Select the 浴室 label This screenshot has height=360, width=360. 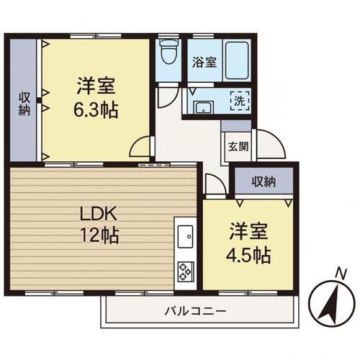coord(204,63)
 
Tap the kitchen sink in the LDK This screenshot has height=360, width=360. coord(185,235)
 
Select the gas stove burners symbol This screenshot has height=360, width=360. coord(184,271)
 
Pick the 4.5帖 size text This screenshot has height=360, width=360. coord(249,255)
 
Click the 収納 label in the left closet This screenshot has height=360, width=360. coord(24,103)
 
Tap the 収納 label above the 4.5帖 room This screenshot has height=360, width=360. coord(264,181)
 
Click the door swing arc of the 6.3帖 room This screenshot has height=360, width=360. coord(140,146)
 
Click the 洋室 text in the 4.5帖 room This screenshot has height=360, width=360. coord(249,233)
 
